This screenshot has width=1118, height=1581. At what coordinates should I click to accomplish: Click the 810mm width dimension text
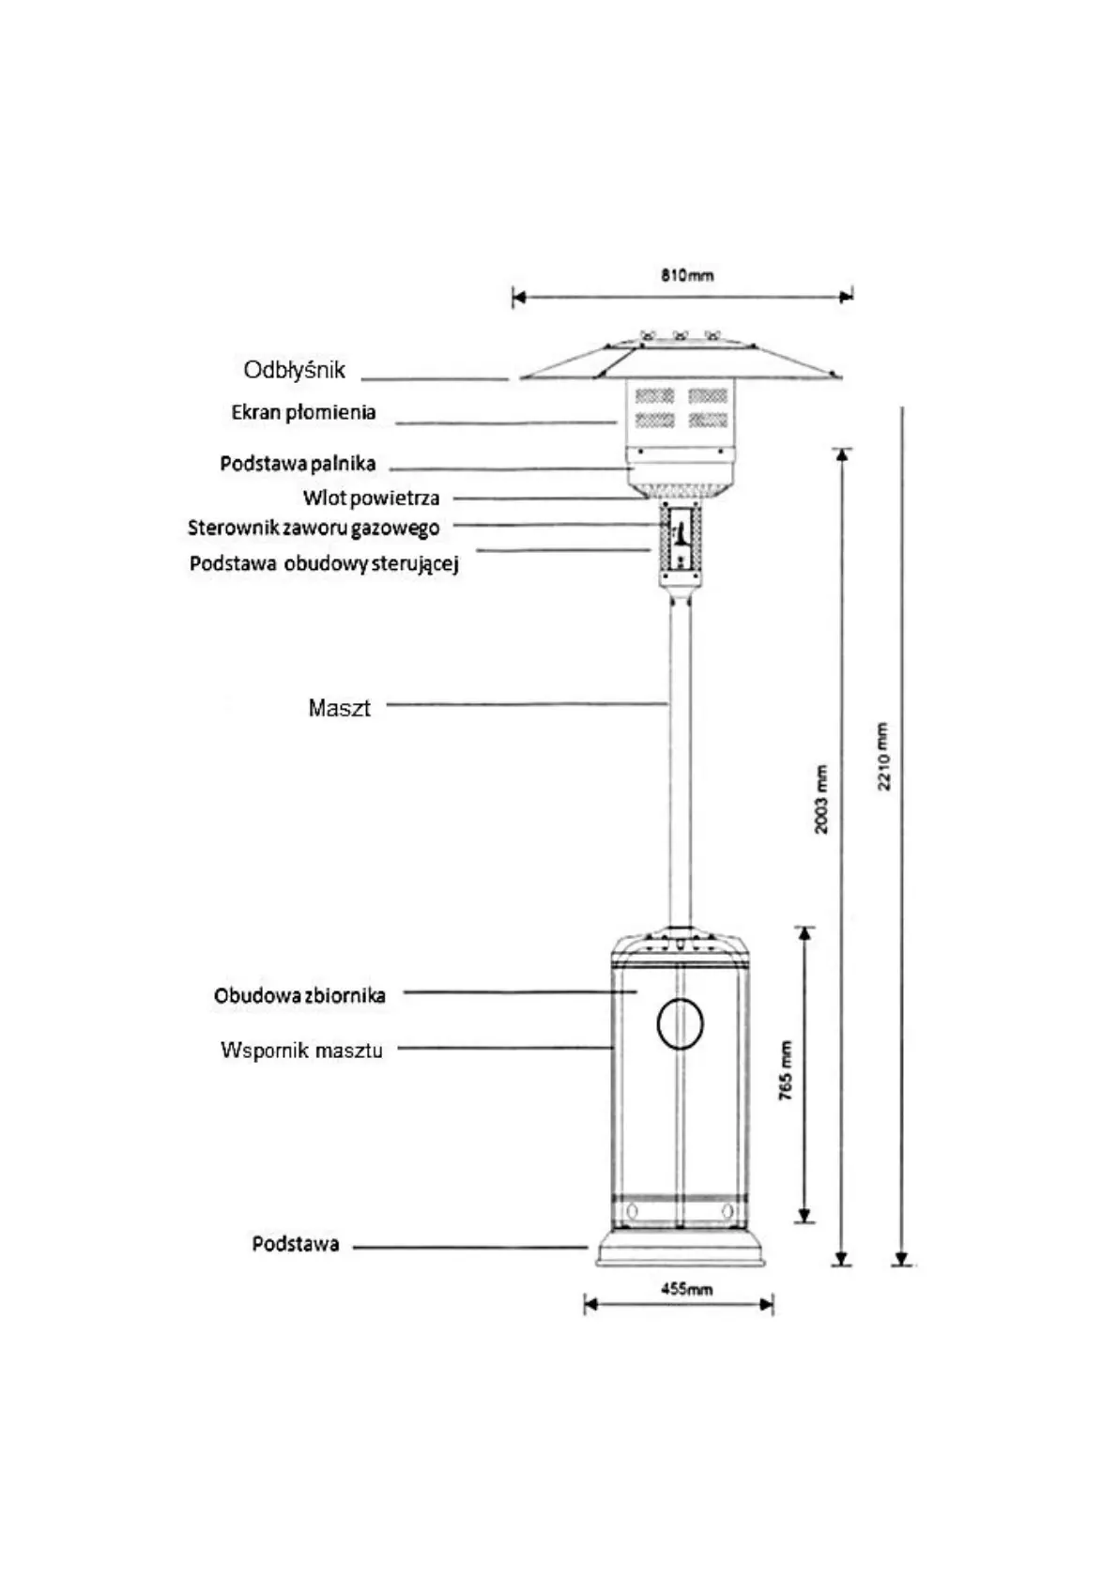point(687,275)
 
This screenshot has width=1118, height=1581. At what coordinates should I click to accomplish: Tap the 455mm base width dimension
point(686,1289)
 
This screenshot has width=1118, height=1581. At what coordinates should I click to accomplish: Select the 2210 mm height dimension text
point(884,756)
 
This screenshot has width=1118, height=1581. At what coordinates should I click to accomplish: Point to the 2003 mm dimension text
point(821,799)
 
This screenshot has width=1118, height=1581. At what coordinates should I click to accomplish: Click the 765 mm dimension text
point(786,1070)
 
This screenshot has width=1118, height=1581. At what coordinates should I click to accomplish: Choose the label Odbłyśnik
point(294,370)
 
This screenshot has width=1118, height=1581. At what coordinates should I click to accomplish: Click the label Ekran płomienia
point(303,412)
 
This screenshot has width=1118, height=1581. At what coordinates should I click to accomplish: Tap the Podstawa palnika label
point(298,464)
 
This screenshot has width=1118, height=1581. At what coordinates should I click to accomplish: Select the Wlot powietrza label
point(371,499)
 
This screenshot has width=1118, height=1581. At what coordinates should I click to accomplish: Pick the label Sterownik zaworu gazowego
point(314,528)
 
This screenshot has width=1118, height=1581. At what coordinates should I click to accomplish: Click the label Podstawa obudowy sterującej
point(324,564)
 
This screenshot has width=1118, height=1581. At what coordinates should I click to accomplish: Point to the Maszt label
point(339,708)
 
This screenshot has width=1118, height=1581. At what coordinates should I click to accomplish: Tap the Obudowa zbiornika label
point(299,996)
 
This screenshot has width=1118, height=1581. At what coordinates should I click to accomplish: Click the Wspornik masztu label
point(301,1050)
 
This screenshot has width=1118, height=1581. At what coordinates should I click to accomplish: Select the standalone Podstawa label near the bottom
point(295,1245)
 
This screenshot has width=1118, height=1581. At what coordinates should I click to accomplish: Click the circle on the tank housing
point(680,1023)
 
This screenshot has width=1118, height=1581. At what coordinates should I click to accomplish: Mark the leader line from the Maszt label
point(526,703)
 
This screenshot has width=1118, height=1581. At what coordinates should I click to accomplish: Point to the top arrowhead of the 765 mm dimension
point(804,933)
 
